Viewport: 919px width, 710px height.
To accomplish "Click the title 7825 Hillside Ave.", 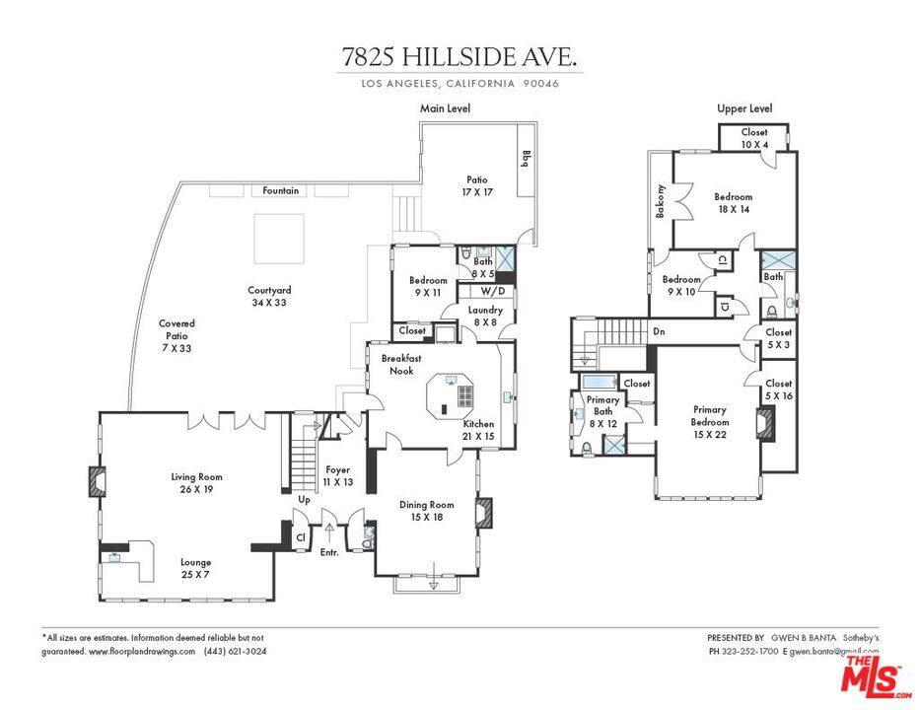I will tap(460, 57).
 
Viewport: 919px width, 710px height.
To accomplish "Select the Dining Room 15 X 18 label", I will tap(426, 511).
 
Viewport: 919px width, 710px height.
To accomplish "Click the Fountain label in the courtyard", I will tap(281, 190).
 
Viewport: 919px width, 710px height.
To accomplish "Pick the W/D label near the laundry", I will tap(493, 292).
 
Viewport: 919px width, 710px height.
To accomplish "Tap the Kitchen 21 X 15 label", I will tap(478, 430).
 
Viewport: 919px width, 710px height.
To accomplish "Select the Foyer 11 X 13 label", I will tap(338, 476).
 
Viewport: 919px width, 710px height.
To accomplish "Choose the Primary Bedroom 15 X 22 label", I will tap(709, 415).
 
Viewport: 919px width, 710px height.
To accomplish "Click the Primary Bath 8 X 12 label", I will tap(602, 411).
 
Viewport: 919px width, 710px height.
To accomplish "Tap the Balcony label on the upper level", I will tap(661, 201).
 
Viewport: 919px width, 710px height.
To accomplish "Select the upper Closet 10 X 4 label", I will tap(754, 138).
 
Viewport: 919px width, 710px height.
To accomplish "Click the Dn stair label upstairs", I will tap(659, 332).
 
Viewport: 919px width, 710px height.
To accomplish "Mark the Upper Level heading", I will tap(744, 108).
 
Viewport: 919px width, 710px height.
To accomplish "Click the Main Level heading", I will tap(445, 108).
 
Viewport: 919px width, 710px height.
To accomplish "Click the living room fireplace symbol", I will tap(97, 480).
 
